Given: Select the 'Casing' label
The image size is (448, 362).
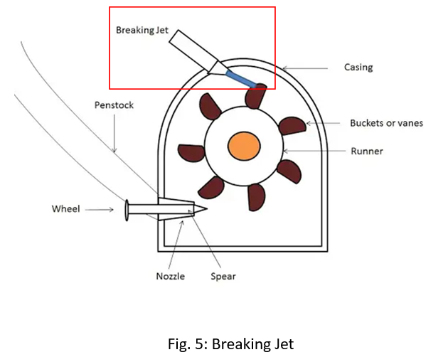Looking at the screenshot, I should point(358,68).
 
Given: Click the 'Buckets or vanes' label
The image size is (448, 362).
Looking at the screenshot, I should point(386,123).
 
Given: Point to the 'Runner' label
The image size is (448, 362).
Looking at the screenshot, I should point(366,151).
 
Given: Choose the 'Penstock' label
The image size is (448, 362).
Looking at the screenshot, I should point(114,105).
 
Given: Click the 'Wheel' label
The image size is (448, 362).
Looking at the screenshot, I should point(66,209).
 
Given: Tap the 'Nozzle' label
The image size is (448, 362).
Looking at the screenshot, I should point(171,275).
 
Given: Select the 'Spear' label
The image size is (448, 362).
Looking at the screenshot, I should point(223,275).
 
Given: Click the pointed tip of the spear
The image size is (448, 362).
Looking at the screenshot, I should point(206,209).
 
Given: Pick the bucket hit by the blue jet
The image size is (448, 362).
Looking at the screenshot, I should point(255,95).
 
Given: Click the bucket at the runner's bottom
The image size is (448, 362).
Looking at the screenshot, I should point(255,197).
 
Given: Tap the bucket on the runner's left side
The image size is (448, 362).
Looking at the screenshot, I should point(191,152).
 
